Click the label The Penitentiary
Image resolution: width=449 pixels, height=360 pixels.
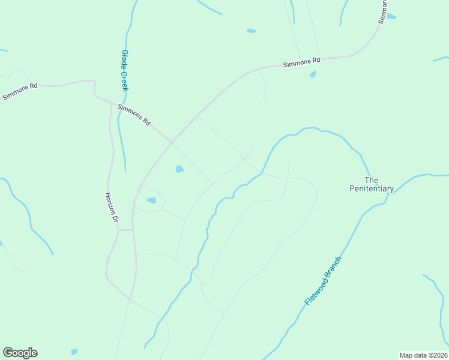click(x=372, y=184)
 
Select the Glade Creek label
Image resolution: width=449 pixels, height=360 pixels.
click(x=125, y=70)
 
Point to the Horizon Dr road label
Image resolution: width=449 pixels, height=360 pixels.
click(x=110, y=207)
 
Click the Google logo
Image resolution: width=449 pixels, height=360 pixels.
click(x=20, y=353)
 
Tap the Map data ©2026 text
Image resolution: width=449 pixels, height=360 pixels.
click(x=423, y=355)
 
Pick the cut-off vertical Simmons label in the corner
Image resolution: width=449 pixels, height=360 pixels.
click(x=382, y=11)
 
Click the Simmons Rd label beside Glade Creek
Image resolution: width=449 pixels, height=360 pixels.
click(x=134, y=114)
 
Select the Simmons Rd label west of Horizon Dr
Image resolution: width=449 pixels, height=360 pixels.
click(x=20, y=91)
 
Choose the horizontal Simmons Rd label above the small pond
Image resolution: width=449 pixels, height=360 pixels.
click(x=302, y=61)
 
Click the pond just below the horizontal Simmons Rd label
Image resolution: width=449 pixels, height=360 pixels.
click(x=313, y=74)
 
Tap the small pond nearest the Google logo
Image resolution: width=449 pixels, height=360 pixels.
click(x=74, y=352)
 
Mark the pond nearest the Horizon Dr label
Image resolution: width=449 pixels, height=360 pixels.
click(x=151, y=200)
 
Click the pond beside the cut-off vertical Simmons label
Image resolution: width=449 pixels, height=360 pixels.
click(x=391, y=16)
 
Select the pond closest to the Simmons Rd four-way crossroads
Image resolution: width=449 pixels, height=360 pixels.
click(x=179, y=169)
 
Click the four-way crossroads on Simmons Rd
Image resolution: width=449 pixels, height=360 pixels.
click(x=172, y=142)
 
